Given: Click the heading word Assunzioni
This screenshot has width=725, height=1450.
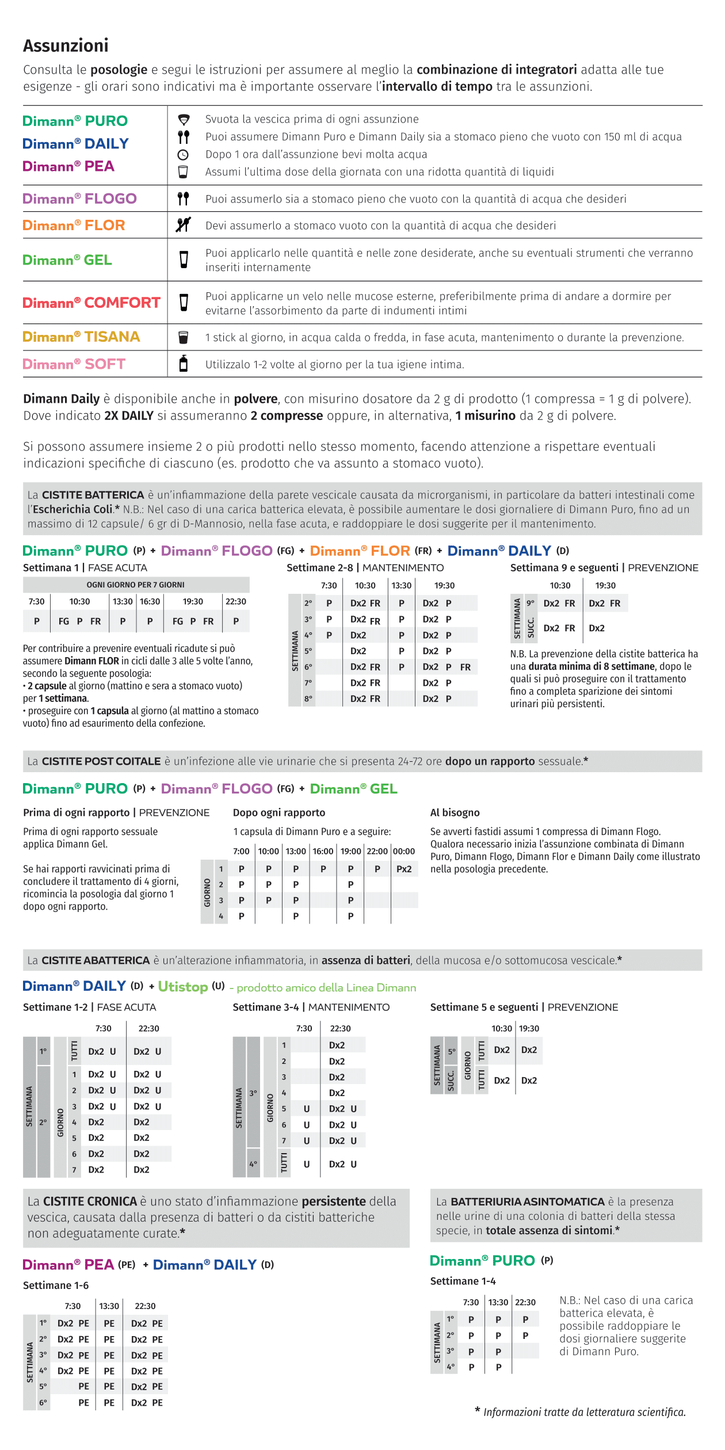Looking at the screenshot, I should [66, 45].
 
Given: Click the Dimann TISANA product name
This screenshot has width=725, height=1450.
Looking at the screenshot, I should [81, 337].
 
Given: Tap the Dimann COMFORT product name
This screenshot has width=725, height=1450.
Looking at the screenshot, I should [91, 303].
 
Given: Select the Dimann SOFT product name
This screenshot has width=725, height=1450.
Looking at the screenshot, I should [74, 364].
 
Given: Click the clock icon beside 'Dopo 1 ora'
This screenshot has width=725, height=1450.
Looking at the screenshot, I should [183, 155].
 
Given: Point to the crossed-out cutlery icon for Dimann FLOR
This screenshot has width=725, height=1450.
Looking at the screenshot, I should [183, 225].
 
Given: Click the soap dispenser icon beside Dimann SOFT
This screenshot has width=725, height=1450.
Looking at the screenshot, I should [184, 364].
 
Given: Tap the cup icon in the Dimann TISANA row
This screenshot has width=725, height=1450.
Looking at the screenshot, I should [184, 337].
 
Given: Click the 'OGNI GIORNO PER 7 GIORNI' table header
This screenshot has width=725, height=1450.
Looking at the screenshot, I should [136, 585].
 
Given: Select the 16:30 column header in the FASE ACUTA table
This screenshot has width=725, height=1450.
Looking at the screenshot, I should [150, 601].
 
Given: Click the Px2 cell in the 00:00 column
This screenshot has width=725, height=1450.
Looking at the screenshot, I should [404, 869].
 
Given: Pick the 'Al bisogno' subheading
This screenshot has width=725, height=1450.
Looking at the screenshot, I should [455, 812].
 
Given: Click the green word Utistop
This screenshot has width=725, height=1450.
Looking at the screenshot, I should [183, 987].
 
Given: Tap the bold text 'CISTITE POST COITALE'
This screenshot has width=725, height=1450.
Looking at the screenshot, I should [101, 761].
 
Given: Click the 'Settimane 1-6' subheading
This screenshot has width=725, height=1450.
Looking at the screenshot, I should [56, 1285].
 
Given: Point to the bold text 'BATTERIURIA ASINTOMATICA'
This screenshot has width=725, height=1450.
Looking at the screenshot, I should [527, 1201].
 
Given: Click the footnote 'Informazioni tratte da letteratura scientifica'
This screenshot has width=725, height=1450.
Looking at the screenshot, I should [584, 1412].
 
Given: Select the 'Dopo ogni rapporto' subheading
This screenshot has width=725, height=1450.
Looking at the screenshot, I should [279, 812].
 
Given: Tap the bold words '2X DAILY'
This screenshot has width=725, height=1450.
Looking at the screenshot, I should [129, 415].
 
